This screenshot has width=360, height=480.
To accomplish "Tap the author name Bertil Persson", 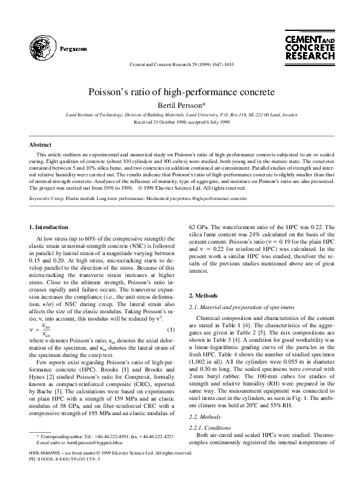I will [x=179, y=105].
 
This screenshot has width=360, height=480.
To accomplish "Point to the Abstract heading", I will [x=41, y=145].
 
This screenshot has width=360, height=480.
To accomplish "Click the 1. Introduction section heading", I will [x=50, y=227].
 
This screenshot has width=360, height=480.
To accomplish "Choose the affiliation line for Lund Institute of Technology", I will [x=179, y=114].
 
